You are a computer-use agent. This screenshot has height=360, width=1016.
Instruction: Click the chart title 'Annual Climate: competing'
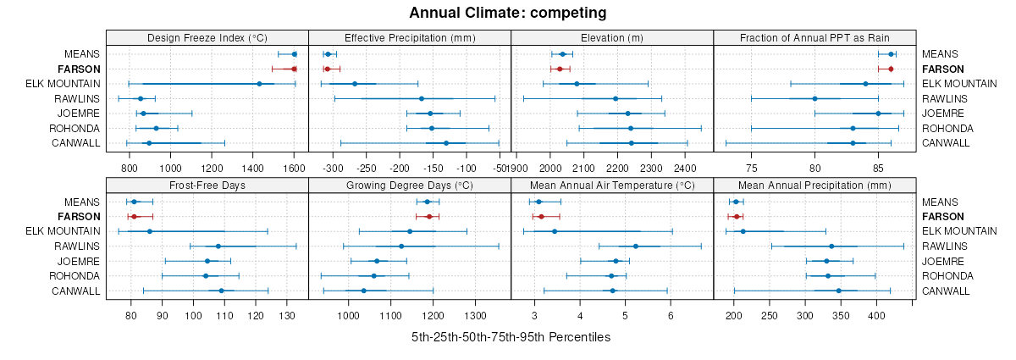[508, 13]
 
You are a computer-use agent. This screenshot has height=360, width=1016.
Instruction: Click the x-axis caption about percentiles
[511, 337]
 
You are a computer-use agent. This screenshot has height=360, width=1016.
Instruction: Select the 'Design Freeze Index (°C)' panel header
[207, 37]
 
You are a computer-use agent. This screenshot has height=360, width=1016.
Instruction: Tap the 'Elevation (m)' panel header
[612, 37]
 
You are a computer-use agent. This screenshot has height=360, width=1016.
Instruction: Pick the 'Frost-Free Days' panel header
[207, 185]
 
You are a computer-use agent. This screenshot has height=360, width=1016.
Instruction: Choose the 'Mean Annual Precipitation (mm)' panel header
[814, 185]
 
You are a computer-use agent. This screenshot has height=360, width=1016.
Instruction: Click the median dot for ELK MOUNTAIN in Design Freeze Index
[259, 84]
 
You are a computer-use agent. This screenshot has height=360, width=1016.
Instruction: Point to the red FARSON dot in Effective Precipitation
[327, 69]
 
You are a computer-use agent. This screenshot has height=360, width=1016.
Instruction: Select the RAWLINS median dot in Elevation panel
[616, 98]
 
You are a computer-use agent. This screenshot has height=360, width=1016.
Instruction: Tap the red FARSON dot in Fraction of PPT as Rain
[891, 69]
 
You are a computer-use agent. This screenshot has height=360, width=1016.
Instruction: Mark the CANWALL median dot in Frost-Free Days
[221, 291]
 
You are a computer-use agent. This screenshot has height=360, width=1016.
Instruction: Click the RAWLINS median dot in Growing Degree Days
[401, 246]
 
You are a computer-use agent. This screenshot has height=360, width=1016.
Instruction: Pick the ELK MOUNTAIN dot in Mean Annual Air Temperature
[555, 231]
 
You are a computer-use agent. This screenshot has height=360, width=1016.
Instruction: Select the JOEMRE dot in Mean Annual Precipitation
[827, 261]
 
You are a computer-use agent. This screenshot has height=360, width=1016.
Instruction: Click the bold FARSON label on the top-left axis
[79, 69]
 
